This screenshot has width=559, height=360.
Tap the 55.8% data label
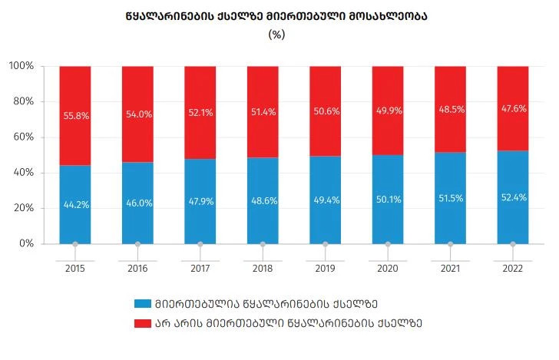point(75,116)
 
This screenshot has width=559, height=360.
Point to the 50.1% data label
point(388,201)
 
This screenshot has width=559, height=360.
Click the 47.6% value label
point(512,109)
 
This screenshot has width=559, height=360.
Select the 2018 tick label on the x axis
point(263,268)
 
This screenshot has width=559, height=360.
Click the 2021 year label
point(450,268)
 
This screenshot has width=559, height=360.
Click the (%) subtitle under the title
point(276,35)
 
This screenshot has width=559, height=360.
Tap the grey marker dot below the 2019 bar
point(325,245)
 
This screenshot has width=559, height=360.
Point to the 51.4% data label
point(263,112)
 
